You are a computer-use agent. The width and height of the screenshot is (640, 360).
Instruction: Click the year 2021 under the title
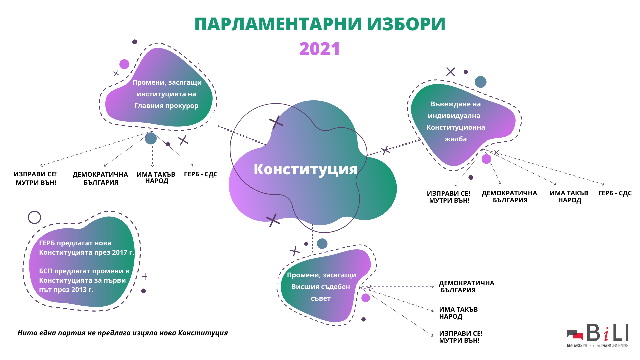click(x=319, y=49)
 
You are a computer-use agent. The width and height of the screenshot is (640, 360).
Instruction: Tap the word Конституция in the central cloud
click(x=305, y=169)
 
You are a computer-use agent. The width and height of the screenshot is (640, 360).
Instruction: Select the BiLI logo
click(x=598, y=335)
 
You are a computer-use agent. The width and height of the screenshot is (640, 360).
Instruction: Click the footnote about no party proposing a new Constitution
click(x=123, y=333)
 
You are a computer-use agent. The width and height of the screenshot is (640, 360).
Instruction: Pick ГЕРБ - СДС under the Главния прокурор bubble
click(x=201, y=174)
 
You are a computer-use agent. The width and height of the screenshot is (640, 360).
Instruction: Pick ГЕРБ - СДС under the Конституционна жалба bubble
click(x=615, y=193)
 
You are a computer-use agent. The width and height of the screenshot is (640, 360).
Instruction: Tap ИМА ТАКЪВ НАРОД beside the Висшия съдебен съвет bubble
click(x=458, y=313)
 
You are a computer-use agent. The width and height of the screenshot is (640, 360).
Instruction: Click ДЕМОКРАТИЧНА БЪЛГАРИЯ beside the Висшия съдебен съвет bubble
click(x=466, y=287)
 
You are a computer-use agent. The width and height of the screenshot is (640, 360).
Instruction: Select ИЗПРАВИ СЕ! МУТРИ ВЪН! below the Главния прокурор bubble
click(x=35, y=178)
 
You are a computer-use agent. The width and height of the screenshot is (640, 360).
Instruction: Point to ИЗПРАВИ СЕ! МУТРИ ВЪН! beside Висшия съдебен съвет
click(x=461, y=337)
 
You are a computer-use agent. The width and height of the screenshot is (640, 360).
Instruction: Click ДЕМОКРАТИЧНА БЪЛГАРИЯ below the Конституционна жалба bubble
click(x=510, y=197)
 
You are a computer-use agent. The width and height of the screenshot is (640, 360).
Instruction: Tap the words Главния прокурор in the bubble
click(x=166, y=106)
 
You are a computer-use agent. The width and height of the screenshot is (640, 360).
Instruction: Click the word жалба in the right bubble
click(x=456, y=139)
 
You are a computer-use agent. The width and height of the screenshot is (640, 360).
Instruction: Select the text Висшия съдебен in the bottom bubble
click(x=321, y=287)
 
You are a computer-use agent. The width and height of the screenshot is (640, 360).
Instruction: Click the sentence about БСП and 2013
click(x=84, y=280)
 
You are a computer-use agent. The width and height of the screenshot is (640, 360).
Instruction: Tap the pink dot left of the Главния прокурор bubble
click(x=124, y=64)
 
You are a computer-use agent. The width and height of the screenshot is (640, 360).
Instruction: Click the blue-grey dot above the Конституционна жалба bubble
click(x=480, y=82)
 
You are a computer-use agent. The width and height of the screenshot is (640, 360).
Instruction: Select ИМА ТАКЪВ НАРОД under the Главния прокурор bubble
click(x=156, y=178)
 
